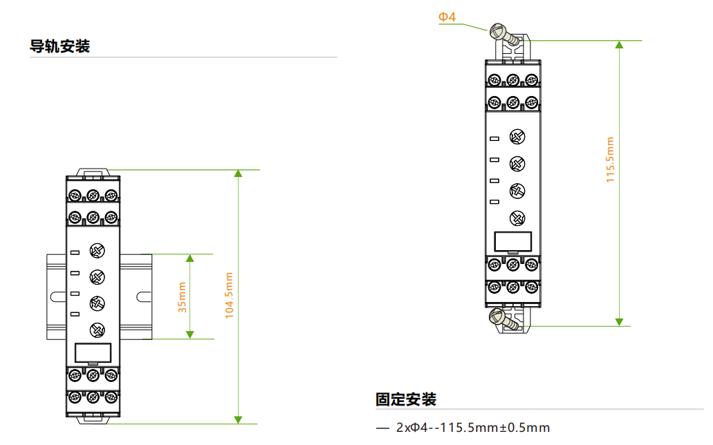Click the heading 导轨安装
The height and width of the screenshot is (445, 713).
pyautogui.click(x=60, y=46)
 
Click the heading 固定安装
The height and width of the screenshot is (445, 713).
pyautogui.click(x=406, y=399)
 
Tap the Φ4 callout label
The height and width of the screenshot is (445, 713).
pyautogui.click(x=447, y=17)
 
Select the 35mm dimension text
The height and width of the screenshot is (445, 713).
pyautogui.click(x=182, y=297)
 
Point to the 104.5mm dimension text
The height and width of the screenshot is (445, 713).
pyautogui.click(x=229, y=296)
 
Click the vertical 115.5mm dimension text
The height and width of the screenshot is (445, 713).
pyautogui.click(x=610, y=160)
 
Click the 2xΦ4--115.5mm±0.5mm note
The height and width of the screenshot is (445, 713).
pyautogui.click(x=473, y=428)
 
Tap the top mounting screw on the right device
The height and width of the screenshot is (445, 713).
pyautogui.click(x=504, y=35)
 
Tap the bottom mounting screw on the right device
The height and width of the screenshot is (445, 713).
pyautogui.click(x=504, y=319)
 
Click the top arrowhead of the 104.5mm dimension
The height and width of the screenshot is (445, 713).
pyautogui.click(x=239, y=173)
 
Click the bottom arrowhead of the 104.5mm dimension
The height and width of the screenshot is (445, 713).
pyautogui.click(x=239, y=420)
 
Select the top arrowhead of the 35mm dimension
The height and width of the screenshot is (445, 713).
pyautogui.click(x=190, y=258)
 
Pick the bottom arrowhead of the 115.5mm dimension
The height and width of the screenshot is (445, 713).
pyautogui.click(x=620, y=322)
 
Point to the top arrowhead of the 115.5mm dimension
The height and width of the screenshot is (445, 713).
pyautogui.click(x=620, y=44)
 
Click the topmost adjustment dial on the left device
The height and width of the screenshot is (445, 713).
pyautogui.click(x=98, y=250)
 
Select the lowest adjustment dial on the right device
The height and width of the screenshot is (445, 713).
pyautogui.click(x=517, y=218)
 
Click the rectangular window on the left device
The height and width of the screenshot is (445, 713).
pyautogui.click(x=93, y=352)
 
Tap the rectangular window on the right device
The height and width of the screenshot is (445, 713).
pyautogui.click(x=513, y=241)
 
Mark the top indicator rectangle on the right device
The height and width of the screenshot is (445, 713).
pyautogui.click(x=494, y=139)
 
